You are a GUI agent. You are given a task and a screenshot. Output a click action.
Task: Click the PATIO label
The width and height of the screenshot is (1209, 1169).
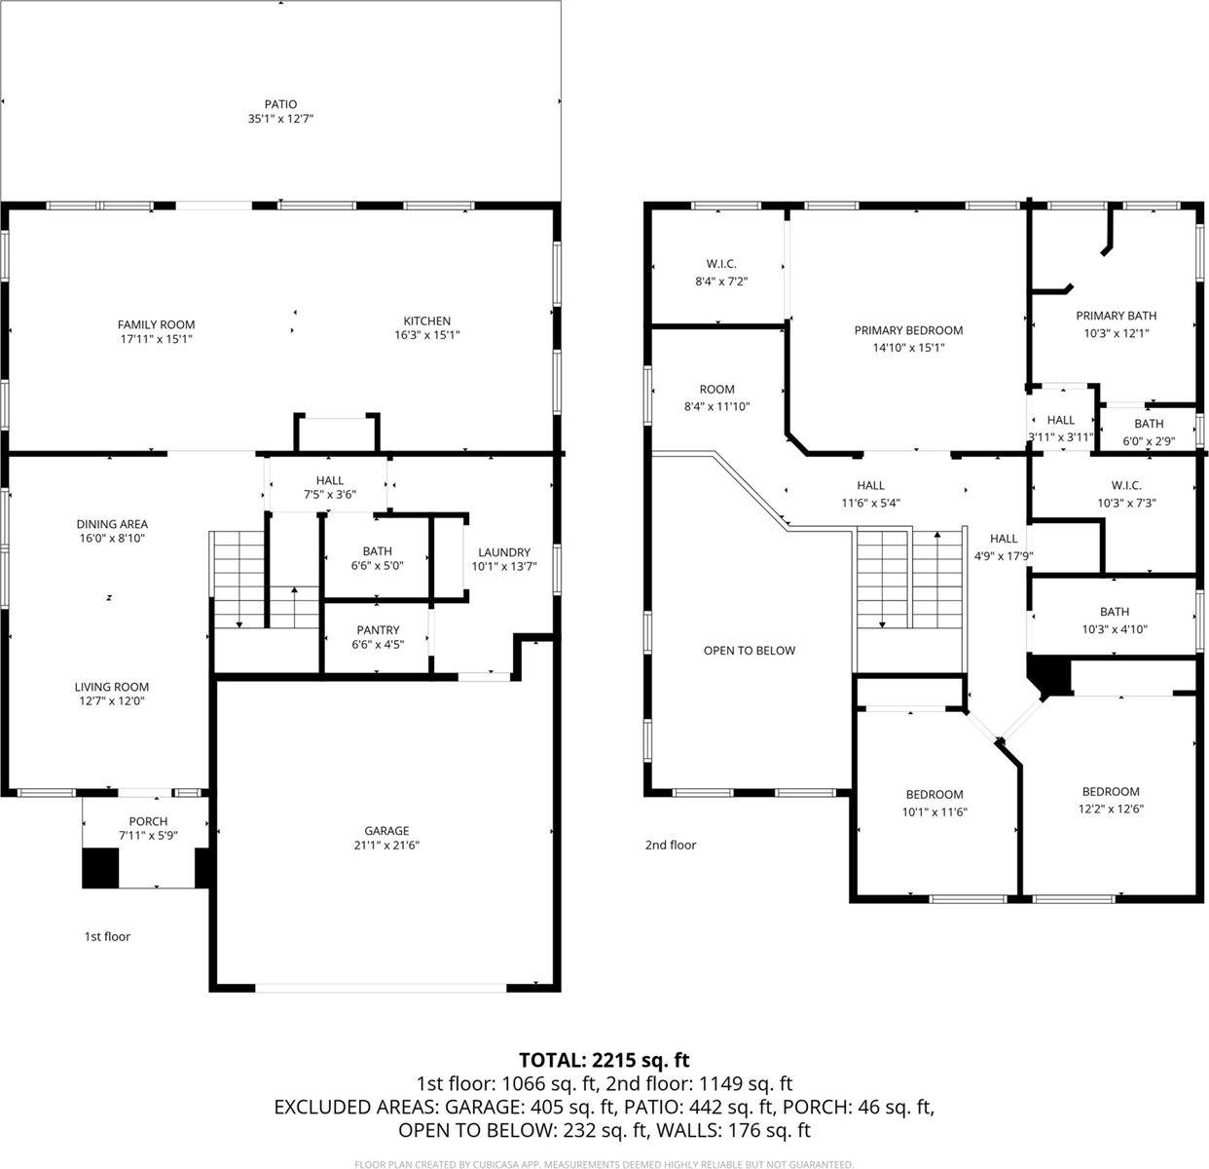pos(280,104)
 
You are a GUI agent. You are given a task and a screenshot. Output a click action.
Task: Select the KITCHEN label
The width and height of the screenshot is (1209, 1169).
pos(427,321)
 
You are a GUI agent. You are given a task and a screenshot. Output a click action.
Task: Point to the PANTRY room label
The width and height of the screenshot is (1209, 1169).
pos(378,630)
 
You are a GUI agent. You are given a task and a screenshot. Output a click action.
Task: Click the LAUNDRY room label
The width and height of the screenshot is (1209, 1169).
pos(503,551)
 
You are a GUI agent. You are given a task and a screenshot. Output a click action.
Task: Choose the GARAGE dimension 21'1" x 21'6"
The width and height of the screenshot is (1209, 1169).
pos(387,846)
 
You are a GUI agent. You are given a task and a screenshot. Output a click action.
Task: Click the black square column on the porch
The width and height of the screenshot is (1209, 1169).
pos(99,868)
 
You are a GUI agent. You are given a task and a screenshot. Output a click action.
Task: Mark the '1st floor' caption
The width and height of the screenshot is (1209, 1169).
pos(107,936)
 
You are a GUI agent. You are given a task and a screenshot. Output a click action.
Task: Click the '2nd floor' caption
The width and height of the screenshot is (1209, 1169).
pos(671,845)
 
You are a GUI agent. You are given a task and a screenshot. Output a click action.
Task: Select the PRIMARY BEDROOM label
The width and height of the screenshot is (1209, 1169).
pos(908,330)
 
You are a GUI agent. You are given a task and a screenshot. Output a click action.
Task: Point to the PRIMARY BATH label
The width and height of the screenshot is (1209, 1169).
pos(1116,316)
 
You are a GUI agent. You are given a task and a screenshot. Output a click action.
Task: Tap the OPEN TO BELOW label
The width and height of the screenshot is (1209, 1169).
pos(749,650)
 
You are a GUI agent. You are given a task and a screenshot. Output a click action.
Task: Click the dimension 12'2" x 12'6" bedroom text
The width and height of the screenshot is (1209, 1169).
pos(1110,808)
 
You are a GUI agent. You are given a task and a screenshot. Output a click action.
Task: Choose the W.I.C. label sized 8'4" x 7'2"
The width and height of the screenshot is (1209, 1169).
pos(721,264)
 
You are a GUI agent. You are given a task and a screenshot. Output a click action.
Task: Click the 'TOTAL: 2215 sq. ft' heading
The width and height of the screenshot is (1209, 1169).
pos(604,1060)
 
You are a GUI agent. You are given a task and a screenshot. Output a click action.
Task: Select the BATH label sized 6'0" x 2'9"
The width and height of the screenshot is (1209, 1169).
pos(1149,424)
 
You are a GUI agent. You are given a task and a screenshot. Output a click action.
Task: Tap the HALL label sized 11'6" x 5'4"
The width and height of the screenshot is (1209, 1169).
pos(870,485)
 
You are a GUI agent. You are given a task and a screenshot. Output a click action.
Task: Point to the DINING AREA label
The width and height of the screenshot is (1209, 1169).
pos(112,524)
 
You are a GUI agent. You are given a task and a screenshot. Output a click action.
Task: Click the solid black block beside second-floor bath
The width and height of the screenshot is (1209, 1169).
pos(1049,674)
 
